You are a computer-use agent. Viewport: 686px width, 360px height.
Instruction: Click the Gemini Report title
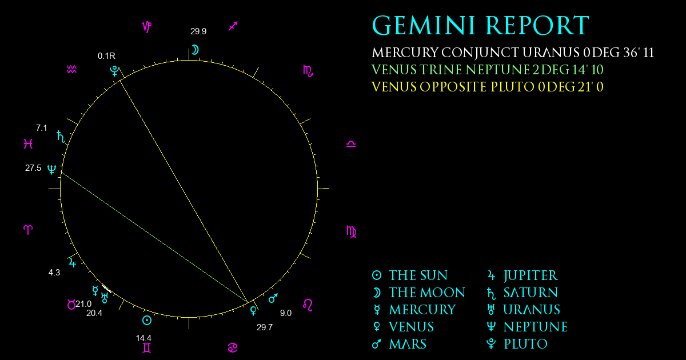[x=481, y=25]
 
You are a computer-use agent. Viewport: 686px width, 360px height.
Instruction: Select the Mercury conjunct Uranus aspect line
[x=106, y=289]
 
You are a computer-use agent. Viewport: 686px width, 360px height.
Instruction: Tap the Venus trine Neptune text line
[x=487, y=70]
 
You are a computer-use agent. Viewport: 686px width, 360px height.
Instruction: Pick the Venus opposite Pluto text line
[x=487, y=87]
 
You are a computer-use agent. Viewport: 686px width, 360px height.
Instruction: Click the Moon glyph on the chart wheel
[x=195, y=50]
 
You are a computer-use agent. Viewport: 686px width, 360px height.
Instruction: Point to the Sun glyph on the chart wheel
[x=147, y=321]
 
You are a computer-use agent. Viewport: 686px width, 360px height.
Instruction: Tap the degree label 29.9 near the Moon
[x=198, y=31]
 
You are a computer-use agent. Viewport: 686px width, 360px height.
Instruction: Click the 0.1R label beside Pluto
[x=106, y=56]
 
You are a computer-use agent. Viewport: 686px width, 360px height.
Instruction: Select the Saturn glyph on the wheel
[x=61, y=137]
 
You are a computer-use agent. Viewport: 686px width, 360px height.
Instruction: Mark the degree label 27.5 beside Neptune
[x=33, y=168]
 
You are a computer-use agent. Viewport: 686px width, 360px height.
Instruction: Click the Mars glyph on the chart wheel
[x=273, y=298]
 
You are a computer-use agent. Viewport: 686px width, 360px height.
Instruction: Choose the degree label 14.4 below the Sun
[x=143, y=338]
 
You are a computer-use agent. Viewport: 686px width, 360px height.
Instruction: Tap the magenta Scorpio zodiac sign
[x=308, y=71]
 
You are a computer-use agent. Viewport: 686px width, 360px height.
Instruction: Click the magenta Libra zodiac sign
[x=351, y=144]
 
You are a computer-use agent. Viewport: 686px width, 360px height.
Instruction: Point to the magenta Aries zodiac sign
[x=28, y=230]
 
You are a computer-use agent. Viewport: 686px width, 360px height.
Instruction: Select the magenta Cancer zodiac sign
[x=233, y=348]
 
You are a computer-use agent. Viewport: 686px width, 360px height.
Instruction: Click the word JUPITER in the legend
[x=531, y=275]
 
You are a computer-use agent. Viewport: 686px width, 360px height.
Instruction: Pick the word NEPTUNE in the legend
[x=536, y=327]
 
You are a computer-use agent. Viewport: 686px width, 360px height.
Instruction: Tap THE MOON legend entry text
[x=427, y=293]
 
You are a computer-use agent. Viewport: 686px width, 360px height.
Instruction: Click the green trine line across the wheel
[x=154, y=238]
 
